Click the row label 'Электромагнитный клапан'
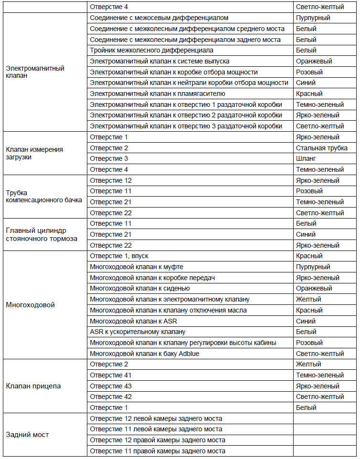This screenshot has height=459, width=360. pos(35,72)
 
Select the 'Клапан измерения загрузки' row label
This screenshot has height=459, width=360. pos(34,153)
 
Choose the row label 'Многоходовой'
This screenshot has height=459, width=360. pos(30,305)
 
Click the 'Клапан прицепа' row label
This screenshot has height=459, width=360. pos(33,386)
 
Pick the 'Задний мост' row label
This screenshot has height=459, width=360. pos(27,435)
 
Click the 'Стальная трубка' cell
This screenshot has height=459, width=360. pos(321,148)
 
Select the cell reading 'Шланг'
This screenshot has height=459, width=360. pos(307,159)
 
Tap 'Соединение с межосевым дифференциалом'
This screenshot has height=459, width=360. pos(159,18)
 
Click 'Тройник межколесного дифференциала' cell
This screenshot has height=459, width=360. pos(151,51)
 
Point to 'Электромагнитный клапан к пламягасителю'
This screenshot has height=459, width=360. pos(158,94)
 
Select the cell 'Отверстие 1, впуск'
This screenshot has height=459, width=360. pos(119,256)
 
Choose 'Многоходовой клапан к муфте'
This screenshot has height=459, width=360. pos(137,267)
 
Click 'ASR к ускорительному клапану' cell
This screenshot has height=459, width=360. pos(138,332)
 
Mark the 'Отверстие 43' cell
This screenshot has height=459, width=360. pos(111,386)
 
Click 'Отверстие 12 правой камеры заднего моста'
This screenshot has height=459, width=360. pos(158,440)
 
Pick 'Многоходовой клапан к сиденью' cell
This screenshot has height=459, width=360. pos(140,289)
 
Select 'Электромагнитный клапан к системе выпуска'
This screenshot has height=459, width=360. pos(159,62)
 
